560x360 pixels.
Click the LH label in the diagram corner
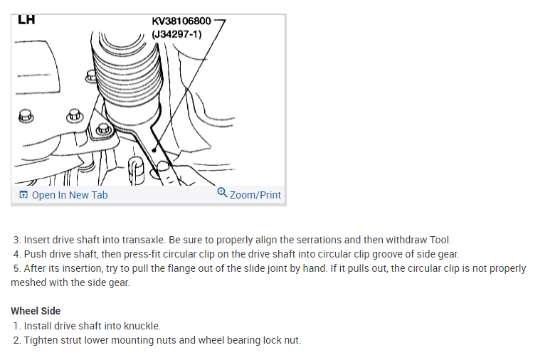click(26, 20)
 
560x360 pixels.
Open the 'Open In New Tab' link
click(70, 195)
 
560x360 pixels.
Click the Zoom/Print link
click(255, 195)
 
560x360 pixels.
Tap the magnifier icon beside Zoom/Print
click(222, 194)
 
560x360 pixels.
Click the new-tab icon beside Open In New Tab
click(23, 195)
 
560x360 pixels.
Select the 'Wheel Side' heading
click(36, 311)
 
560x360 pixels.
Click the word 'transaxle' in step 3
click(149, 240)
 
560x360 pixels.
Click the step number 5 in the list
click(16, 269)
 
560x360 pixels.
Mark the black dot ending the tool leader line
click(154, 149)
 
